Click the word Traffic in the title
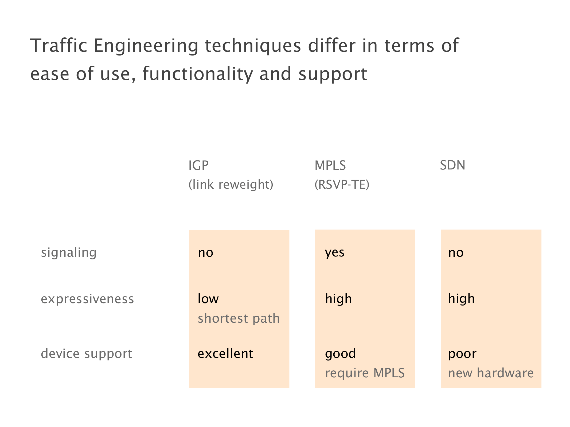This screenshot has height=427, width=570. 59,45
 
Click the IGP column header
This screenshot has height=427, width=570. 198,165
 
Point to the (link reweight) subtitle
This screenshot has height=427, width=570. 231,184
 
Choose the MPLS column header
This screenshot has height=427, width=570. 330,165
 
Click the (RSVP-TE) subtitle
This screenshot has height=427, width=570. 342,184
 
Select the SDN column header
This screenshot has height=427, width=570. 452,165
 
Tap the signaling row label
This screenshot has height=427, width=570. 69,253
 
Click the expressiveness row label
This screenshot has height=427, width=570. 87,299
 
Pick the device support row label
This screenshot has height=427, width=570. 86,354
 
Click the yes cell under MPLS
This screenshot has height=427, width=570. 335,253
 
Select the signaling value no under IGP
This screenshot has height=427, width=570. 206,253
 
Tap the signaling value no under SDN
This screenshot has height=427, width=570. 456,253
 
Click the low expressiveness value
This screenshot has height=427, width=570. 208,299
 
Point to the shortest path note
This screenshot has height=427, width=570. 239,318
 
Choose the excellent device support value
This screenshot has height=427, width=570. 225,353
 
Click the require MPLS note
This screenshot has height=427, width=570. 365,373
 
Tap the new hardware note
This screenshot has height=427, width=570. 491,373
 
